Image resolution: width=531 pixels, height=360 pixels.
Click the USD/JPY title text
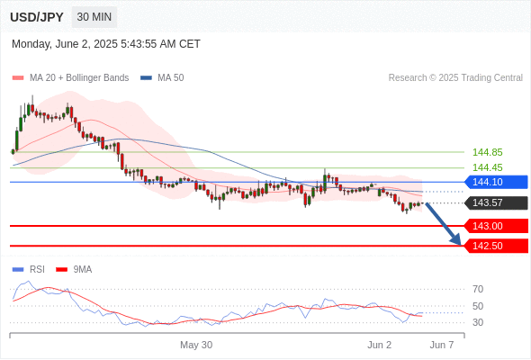[37, 17]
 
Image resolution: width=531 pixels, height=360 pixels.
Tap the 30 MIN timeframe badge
[94, 17]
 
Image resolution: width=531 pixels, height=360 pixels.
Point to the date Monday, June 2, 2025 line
[106, 44]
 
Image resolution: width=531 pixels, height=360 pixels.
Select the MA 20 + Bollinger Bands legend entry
[70, 78]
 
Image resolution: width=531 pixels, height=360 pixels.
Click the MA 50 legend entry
[162, 78]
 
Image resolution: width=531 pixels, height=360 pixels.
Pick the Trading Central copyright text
[455, 78]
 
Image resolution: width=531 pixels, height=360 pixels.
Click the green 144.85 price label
[487, 152]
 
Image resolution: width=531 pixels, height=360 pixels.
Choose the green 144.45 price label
[487, 167]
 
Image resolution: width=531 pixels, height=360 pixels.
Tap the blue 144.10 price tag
[496, 182]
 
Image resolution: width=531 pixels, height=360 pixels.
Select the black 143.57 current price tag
[496, 202]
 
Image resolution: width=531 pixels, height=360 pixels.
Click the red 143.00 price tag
[496, 226]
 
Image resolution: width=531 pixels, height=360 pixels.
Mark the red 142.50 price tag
[496, 246]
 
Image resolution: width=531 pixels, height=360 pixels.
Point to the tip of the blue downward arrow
[461, 245]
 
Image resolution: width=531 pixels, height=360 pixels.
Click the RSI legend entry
[29, 270]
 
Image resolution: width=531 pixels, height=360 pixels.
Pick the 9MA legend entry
[74, 270]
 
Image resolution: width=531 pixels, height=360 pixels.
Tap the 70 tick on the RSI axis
[478, 289]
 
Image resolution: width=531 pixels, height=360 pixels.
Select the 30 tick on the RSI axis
[478, 322]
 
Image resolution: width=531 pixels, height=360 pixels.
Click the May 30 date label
[196, 345]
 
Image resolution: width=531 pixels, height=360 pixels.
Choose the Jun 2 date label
[379, 345]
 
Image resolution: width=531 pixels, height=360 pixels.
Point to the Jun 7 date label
[442, 345]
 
